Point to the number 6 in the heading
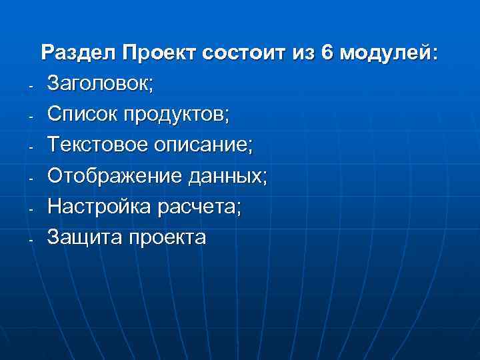click(x=327, y=53)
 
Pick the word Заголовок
click(x=100, y=84)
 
